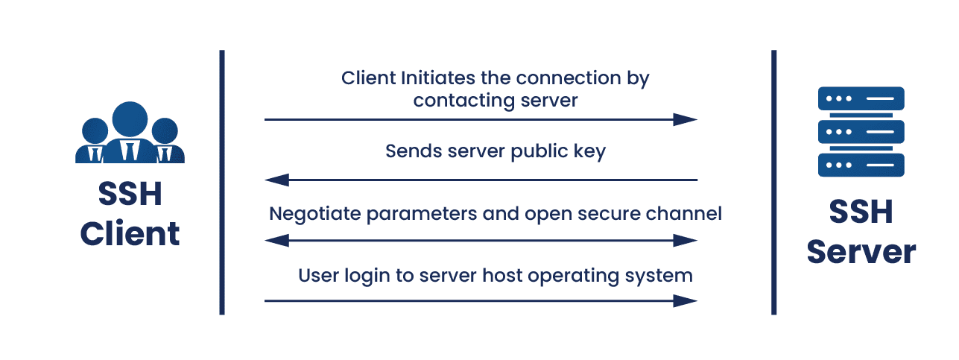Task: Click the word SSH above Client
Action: tap(130, 195)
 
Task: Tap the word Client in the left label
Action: tap(130, 233)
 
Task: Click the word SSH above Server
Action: tap(861, 215)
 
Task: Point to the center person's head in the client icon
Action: tap(130, 119)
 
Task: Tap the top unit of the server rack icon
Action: tap(861, 98)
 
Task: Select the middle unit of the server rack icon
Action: tap(861, 132)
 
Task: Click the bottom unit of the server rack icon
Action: tap(861, 165)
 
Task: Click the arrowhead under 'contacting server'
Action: tap(686, 119)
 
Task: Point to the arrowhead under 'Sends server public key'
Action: tap(277, 180)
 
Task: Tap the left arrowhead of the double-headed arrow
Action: tap(277, 240)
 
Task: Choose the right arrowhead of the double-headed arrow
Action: tap(686, 240)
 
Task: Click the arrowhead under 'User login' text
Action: tap(686, 301)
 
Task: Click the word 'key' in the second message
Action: tap(589, 151)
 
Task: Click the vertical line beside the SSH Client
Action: tap(221, 183)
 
